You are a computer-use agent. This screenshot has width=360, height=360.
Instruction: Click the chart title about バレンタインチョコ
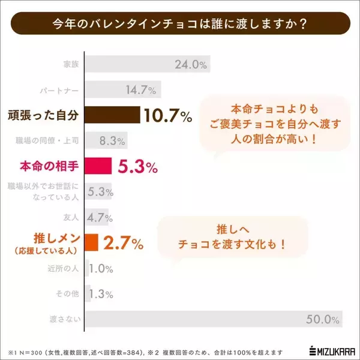tap(180, 25)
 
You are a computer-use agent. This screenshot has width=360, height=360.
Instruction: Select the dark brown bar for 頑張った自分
tap(112, 115)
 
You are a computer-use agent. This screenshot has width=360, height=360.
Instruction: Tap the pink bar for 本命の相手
tap(98, 166)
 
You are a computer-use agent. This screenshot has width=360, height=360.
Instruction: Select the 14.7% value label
tap(142, 90)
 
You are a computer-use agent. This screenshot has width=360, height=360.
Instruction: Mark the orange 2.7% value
tap(124, 243)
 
